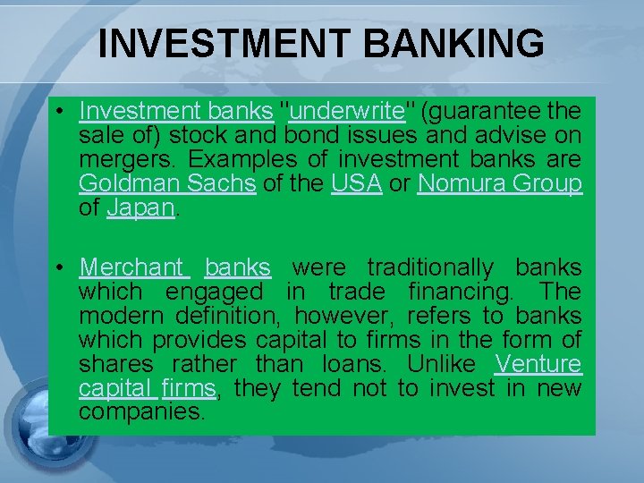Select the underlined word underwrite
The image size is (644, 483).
click(x=347, y=112)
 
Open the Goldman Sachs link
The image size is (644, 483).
click(x=167, y=184)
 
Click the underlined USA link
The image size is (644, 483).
click(x=357, y=184)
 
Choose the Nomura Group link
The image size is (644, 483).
click(x=500, y=184)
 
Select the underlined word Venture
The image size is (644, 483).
click(x=538, y=364)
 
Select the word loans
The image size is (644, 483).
click(x=354, y=364)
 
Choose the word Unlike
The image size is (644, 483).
click(x=439, y=364)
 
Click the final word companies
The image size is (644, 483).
click(x=142, y=412)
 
